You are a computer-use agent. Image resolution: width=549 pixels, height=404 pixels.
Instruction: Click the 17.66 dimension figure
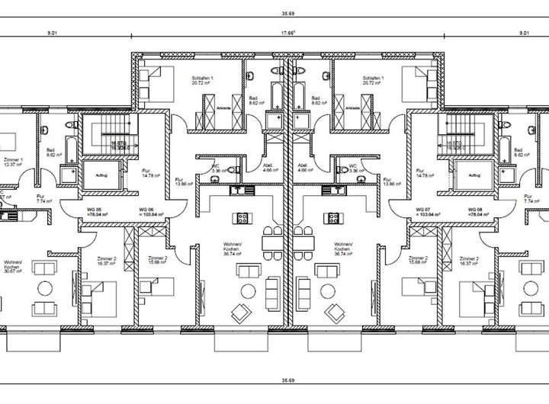[x=287, y=33]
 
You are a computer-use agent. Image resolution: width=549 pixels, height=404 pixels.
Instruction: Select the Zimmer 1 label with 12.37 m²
[x=13, y=162]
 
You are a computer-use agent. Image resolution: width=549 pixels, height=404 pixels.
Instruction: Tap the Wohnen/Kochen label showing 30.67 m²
[x=13, y=268]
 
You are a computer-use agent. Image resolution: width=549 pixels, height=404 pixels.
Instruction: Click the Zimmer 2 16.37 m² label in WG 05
[x=107, y=261]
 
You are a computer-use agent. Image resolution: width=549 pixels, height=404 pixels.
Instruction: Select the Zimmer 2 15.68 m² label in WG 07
[x=419, y=261]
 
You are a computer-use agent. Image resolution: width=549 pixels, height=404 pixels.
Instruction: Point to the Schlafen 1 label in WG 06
[x=201, y=82]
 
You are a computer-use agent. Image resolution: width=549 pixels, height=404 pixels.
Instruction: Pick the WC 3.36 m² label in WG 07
[x=353, y=168]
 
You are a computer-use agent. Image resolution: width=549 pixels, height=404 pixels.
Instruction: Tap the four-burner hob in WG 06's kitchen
[x=242, y=218]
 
